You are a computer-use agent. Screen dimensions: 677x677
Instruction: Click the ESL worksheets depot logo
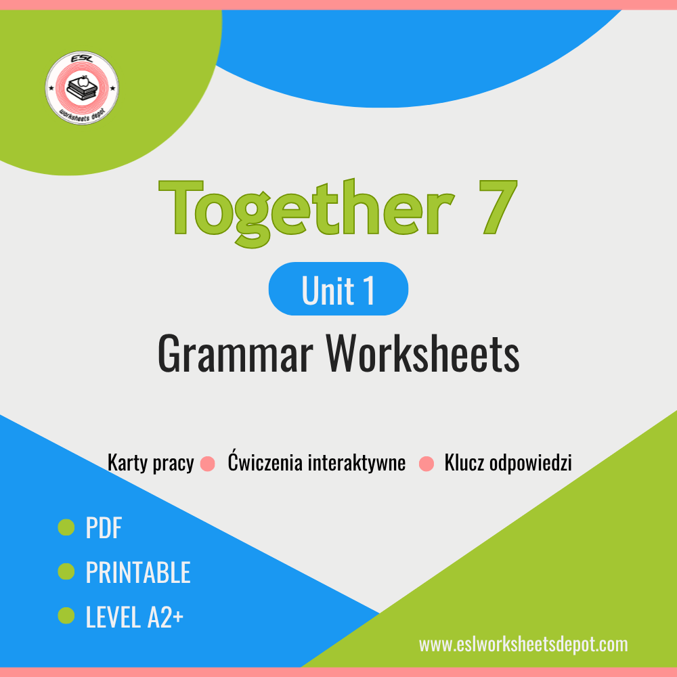82,88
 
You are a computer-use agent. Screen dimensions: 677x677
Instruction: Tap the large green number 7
498,207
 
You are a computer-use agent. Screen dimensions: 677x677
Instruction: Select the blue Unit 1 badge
338,289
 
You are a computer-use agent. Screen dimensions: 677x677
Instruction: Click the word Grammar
235,353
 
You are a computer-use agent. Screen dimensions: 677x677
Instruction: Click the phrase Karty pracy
151,463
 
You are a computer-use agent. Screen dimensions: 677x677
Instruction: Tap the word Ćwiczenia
265,461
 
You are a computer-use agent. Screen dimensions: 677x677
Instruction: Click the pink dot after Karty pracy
208,464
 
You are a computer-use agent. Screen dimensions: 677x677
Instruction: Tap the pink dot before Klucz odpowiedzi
427,464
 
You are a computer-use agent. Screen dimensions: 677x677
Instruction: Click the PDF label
104,527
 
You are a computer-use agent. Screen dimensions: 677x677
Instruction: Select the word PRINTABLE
138,572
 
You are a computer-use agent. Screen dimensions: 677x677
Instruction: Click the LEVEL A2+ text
135,617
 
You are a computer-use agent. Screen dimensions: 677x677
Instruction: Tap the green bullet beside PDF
66,527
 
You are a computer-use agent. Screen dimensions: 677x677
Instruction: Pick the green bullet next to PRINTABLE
66,571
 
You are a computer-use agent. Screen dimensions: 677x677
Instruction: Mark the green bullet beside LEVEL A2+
66,615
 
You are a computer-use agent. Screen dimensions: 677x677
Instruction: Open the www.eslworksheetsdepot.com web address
523,645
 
